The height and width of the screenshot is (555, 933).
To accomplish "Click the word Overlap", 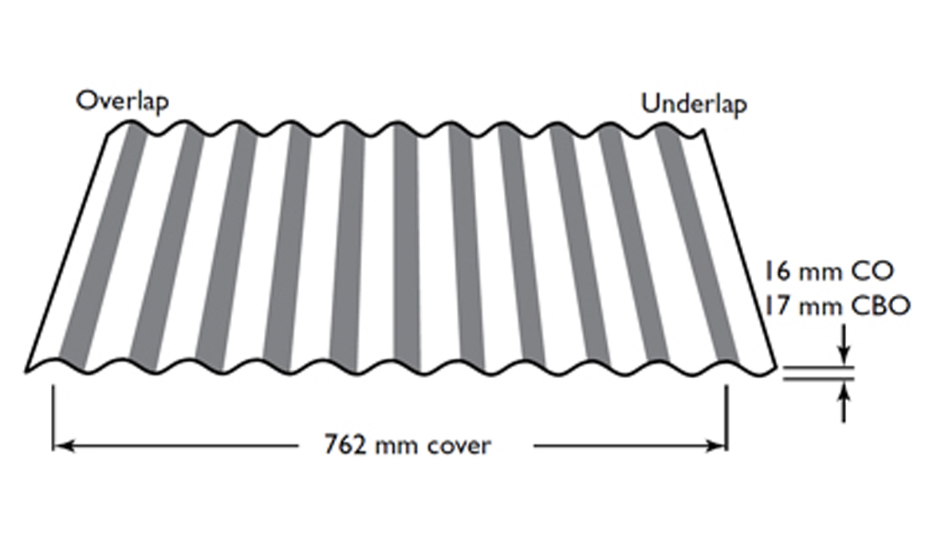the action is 123,101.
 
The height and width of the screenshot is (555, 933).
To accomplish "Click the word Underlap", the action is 694,104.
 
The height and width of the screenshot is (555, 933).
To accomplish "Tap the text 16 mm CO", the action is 829,272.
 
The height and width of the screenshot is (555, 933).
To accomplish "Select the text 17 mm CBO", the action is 838,306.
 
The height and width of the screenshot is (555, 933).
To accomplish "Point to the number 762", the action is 345,445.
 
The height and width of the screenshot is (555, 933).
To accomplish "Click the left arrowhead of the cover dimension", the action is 64,446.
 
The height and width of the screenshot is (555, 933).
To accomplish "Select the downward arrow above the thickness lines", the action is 844,343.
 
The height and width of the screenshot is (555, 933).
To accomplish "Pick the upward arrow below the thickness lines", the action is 844,402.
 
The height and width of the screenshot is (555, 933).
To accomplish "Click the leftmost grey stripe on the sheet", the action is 102,244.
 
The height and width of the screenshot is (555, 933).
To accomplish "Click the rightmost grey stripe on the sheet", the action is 696,244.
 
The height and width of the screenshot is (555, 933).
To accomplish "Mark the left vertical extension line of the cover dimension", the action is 53,418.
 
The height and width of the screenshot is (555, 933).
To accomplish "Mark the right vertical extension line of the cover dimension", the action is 726,418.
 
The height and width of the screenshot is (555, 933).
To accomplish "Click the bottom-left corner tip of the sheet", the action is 26,372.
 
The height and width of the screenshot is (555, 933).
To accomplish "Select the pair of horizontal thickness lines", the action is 818,373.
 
